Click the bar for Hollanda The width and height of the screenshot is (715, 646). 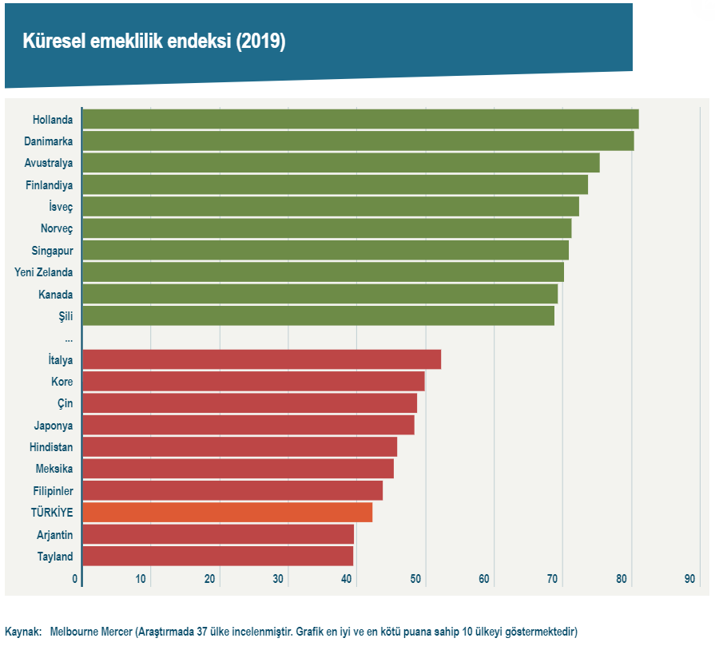point(359,119)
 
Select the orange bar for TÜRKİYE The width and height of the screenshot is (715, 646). point(227,513)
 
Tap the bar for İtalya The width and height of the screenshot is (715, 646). point(261,359)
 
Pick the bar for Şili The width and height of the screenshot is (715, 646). point(318,315)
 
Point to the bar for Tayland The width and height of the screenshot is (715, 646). point(217,556)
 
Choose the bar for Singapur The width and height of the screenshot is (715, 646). point(325,250)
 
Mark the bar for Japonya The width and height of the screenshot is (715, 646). point(248,425)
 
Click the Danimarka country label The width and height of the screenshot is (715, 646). point(49,141)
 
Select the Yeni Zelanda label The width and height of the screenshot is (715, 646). point(44,272)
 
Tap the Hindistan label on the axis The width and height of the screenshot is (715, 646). point(51,447)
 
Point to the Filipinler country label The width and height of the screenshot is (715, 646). point(52,491)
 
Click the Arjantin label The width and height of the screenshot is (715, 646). point(54,535)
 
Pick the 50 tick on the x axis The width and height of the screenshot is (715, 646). point(416,579)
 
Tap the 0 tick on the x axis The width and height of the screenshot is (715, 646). point(75,579)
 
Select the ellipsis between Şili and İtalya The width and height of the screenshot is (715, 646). point(69,339)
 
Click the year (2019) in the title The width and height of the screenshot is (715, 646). point(260,42)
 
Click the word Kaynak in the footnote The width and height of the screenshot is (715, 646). point(22,632)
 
